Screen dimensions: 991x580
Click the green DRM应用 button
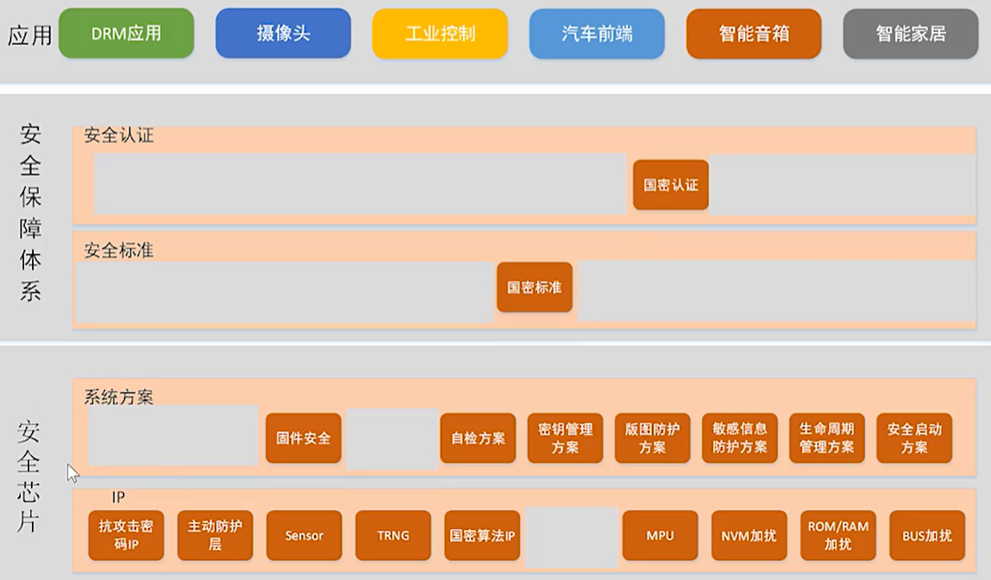[x=126, y=34]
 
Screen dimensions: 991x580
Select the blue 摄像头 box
[x=283, y=34]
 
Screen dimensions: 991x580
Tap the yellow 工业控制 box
[x=440, y=34]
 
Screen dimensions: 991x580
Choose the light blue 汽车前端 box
[x=597, y=34]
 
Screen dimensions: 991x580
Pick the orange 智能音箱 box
[x=754, y=34]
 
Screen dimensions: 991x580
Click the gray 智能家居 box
[x=911, y=34]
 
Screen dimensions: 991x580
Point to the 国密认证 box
[x=670, y=184]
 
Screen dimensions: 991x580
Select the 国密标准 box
[x=534, y=287]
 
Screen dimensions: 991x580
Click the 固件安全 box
[x=303, y=438]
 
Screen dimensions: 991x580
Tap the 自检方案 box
[x=478, y=438]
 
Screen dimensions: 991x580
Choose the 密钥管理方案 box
[x=565, y=438]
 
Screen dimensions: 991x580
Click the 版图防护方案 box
[x=652, y=438]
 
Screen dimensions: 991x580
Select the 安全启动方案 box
[x=914, y=438]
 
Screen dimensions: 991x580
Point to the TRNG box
[x=392, y=535]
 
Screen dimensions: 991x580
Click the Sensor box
[x=304, y=535]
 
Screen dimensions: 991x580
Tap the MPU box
[x=660, y=535]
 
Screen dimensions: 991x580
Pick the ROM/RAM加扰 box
[x=837, y=535]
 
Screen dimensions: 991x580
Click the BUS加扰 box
[x=927, y=535]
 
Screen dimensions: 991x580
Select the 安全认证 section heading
[x=119, y=135]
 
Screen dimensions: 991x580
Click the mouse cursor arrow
[x=72, y=472]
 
